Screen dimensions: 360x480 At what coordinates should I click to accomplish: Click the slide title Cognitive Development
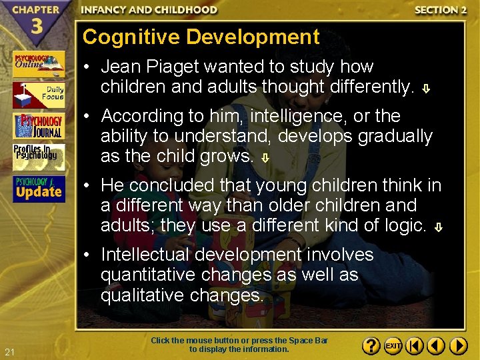[201, 37]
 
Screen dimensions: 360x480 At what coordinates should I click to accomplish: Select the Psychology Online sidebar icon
[38, 64]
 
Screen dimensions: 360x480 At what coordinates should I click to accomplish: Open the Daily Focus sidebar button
[38, 95]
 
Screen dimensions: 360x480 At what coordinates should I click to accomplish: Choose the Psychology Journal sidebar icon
[38, 126]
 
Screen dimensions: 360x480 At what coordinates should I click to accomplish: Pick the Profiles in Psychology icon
[38, 157]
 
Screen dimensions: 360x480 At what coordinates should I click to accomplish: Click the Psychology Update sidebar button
[38, 189]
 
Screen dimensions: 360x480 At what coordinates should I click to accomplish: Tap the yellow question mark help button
[372, 346]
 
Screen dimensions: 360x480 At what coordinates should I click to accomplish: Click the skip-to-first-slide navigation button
[415, 346]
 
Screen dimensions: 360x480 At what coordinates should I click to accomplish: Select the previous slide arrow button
[436, 346]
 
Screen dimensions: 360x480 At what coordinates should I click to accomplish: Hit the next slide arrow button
[458, 346]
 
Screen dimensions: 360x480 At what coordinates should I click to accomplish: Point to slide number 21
[9, 351]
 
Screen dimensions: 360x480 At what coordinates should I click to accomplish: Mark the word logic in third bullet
[405, 225]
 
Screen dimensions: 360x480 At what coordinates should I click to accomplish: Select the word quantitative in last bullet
[143, 275]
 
